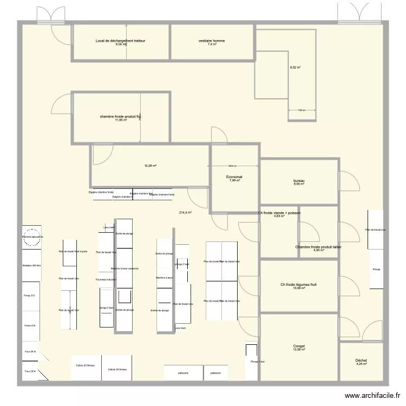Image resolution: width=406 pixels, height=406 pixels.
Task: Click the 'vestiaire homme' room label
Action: (212, 41)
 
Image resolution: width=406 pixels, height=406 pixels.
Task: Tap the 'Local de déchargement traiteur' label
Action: (120, 41)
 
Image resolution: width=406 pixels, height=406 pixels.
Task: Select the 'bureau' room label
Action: (298, 181)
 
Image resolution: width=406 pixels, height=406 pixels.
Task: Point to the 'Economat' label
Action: (234, 176)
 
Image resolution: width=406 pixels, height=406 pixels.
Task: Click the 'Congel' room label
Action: (299, 346)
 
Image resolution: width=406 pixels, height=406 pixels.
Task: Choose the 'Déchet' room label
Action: (361, 361)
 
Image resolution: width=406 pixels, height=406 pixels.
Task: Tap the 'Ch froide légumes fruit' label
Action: (298, 285)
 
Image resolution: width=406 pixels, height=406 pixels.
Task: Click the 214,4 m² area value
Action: (185, 213)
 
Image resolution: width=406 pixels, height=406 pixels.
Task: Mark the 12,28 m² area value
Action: (150, 166)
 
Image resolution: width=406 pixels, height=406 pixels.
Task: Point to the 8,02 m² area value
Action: (295, 68)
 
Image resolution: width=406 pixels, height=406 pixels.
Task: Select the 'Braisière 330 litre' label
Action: (32, 266)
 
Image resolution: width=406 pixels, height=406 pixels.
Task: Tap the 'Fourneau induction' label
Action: (106, 279)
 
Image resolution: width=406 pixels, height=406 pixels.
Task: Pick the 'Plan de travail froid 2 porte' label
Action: (73, 252)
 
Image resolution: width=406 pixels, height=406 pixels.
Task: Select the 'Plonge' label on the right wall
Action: (376, 269)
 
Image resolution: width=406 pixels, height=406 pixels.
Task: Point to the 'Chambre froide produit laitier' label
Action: (318, 247)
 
